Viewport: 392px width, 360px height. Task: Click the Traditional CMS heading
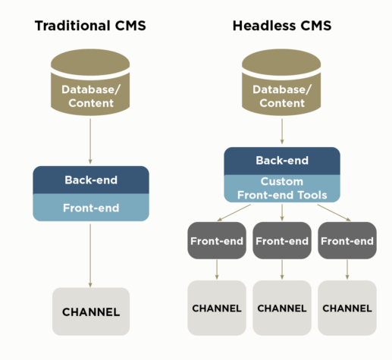tap(90, 27)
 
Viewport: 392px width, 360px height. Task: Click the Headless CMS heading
tap(282, 27)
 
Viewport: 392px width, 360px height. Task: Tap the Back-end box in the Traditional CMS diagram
tap(90, 180)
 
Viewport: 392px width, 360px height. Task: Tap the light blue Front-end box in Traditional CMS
tap(90, 208)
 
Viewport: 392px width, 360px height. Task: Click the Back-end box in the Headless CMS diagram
tap(282, 161)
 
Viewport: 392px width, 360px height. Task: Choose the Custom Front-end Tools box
tap(282, 189)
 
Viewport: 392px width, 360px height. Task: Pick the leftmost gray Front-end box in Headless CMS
tap(216, 241)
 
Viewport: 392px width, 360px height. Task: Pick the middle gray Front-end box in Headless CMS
tap(282, 241)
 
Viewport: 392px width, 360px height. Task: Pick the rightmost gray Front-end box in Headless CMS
tap(347, 241)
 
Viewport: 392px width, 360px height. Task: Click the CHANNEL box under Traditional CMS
tap(90, 311)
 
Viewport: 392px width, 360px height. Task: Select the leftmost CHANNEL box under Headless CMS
tap(216, 308)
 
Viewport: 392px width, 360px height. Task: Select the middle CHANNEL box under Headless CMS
tap(282, 308)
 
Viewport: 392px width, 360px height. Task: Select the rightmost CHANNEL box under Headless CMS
tap(347, 308)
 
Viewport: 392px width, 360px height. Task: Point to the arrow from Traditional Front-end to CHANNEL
tap(90, 254)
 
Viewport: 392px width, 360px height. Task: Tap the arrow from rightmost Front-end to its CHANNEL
tap(347, 270)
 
